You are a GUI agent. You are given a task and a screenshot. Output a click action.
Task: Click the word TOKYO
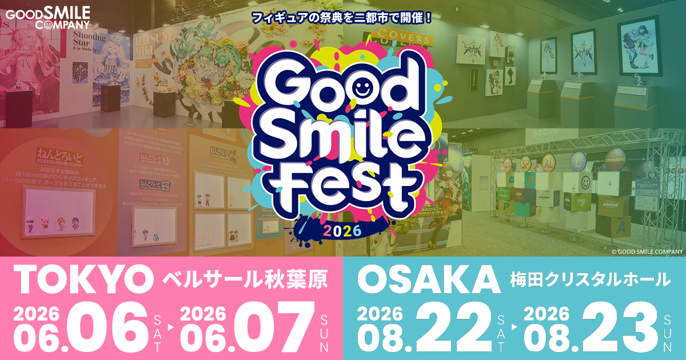coord(79,279)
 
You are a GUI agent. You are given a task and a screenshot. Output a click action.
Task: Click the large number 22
coord(454,327)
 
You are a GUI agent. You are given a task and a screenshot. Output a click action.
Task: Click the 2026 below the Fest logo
coord(342,230)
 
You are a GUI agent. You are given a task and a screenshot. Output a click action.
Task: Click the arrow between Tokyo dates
coord(170,329)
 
